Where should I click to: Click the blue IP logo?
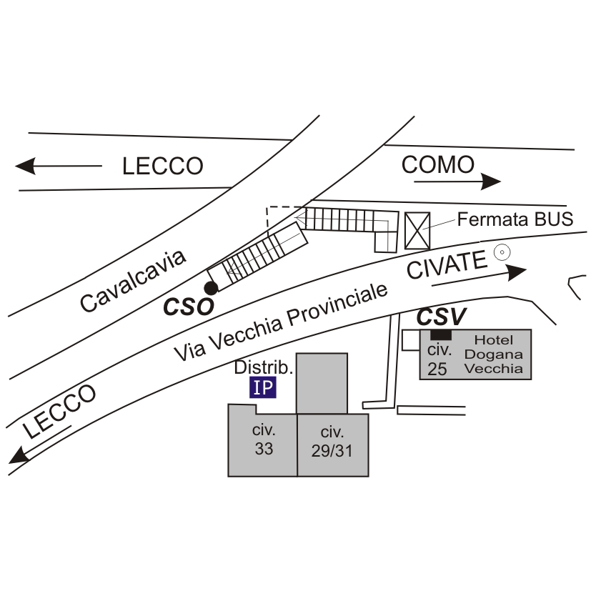[263, 387]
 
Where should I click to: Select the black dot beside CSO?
[210, 288]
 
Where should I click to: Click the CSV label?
[442, 316]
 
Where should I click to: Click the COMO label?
[437, 165]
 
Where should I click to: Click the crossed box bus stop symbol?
[417, 230]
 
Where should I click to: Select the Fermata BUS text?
[515, 219]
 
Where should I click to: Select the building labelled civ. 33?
[263, 440]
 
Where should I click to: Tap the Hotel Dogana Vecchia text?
[493, 354]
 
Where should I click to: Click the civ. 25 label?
[438, 359]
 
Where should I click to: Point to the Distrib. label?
[264, 368]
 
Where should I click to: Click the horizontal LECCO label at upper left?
[163, 167]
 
